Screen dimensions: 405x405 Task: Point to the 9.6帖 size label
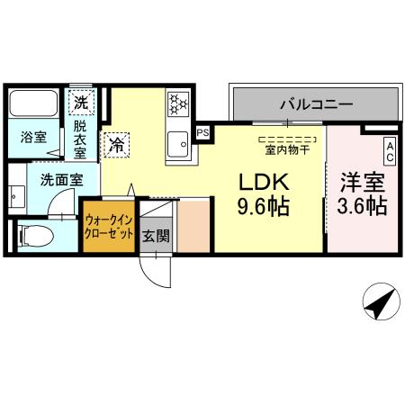(262, 207)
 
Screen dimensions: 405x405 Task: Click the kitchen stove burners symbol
(177, 105)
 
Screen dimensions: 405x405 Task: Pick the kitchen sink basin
(178, 142)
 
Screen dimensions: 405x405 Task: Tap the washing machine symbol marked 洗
(82, 102)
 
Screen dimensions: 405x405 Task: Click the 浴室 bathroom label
(34, 138)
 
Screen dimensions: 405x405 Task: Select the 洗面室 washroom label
(60, 179)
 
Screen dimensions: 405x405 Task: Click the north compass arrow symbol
(381, 302)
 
